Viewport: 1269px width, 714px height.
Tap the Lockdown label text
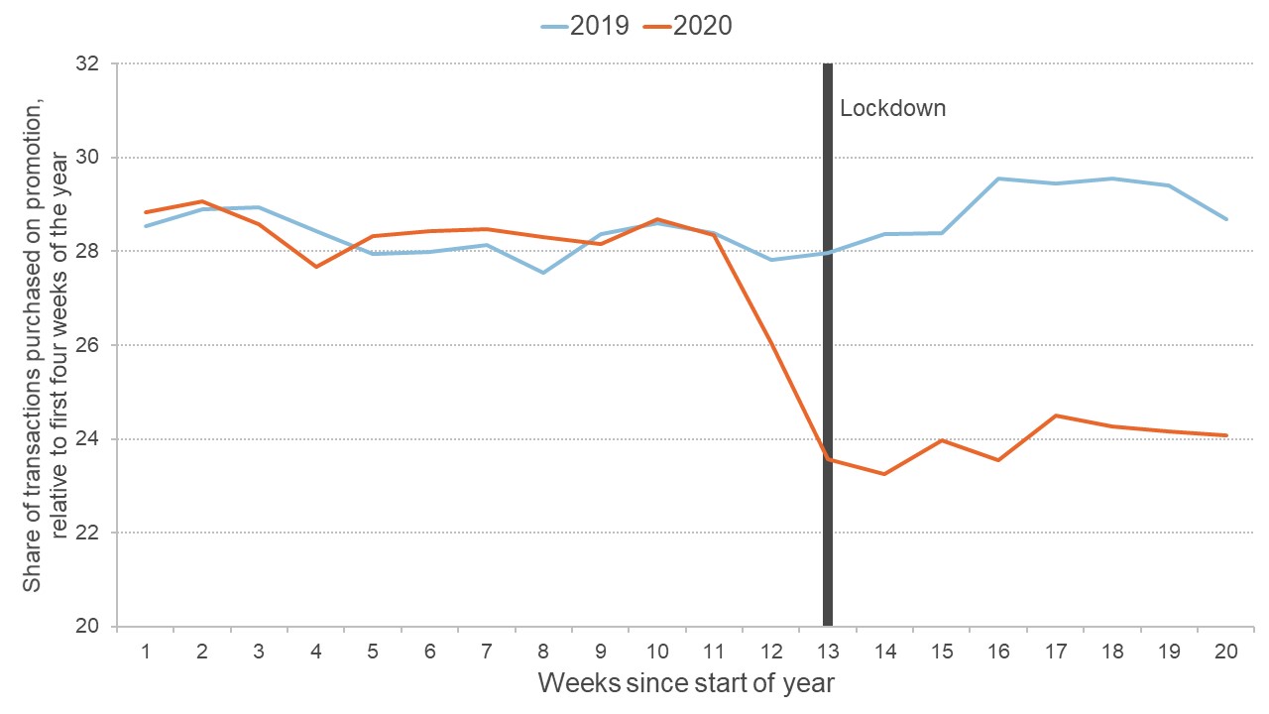pyautogui.click(x=892, y=108)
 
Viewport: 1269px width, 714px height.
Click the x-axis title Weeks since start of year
pyautogui.click(x=686, y=683)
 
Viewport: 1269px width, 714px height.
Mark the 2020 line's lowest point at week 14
pyautogui.click(x=884, y=474)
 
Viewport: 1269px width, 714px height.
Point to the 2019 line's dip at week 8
pyautogui.click(x=543, y=272)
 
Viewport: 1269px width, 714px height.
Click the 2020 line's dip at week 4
pyautogui.click(x=316, y=267)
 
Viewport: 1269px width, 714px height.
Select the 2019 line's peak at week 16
pyautogui.click(x=998, y=178)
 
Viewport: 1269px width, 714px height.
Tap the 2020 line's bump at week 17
pyautogui.click(x=1056, y=416)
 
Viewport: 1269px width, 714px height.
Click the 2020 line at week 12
pyautogui.click(x=770, y=342)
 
